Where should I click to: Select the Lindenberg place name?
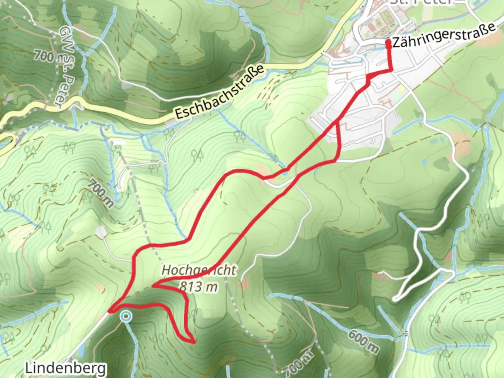click(x=65, y=368)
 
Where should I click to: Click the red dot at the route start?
click(x=388, y=43)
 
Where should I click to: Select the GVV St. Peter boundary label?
click(x=66, y=66)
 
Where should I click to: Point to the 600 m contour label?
click(x=363, y=341)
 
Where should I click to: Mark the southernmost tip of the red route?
click(x=193, y=342)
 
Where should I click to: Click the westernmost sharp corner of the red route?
click(x=110, y=310)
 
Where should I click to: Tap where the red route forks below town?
click(x=337, y=122)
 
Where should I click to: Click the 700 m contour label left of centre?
click(x=100, y=193)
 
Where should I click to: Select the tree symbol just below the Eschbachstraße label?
click(x=169, y=133)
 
